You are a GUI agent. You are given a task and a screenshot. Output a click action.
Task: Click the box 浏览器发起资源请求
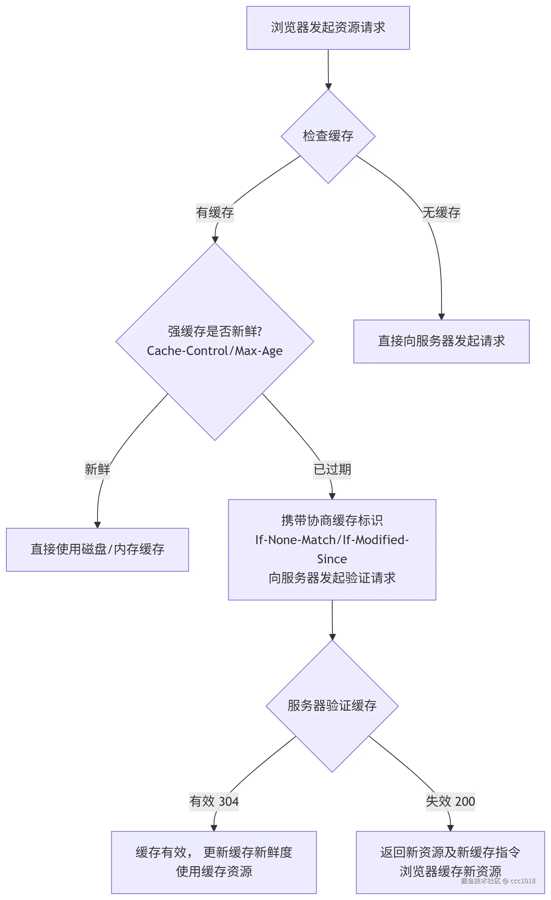tap(328, 28)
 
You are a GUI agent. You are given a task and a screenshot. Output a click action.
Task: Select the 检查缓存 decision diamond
tap(328, 136)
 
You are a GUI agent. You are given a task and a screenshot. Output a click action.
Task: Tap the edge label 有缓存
tap(214, 212)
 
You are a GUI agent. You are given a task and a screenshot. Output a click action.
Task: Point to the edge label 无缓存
tap(441, 212)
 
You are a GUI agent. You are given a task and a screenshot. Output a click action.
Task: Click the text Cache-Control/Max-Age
tap(214, 351)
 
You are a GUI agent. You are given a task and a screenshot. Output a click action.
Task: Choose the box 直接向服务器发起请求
tap(441, 341)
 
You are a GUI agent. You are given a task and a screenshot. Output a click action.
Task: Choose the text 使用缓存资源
tap(214, 872)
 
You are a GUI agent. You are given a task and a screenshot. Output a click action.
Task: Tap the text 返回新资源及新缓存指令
tap(450, 852)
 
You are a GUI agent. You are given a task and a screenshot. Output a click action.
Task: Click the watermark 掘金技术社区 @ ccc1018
tap(498, 881)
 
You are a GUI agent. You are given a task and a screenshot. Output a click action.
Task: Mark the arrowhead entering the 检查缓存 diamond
tap(328, 86)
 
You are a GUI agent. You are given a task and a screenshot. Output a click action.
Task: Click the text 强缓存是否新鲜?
tap(214, 331)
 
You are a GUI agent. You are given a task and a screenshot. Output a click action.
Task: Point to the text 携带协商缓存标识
tap(332, 520)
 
